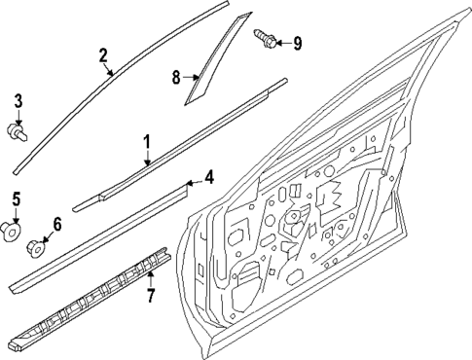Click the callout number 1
tap(147, 142)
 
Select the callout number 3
tap(17, 102)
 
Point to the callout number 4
tap(207, 177)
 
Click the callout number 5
tap(16, 200)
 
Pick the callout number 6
tap(56, 225)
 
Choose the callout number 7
tap(151, 294)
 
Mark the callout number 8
tap(177, 76)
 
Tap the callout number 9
tap(297, 42)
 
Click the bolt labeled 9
tap(265, 39)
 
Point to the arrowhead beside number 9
tap(280, 42)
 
